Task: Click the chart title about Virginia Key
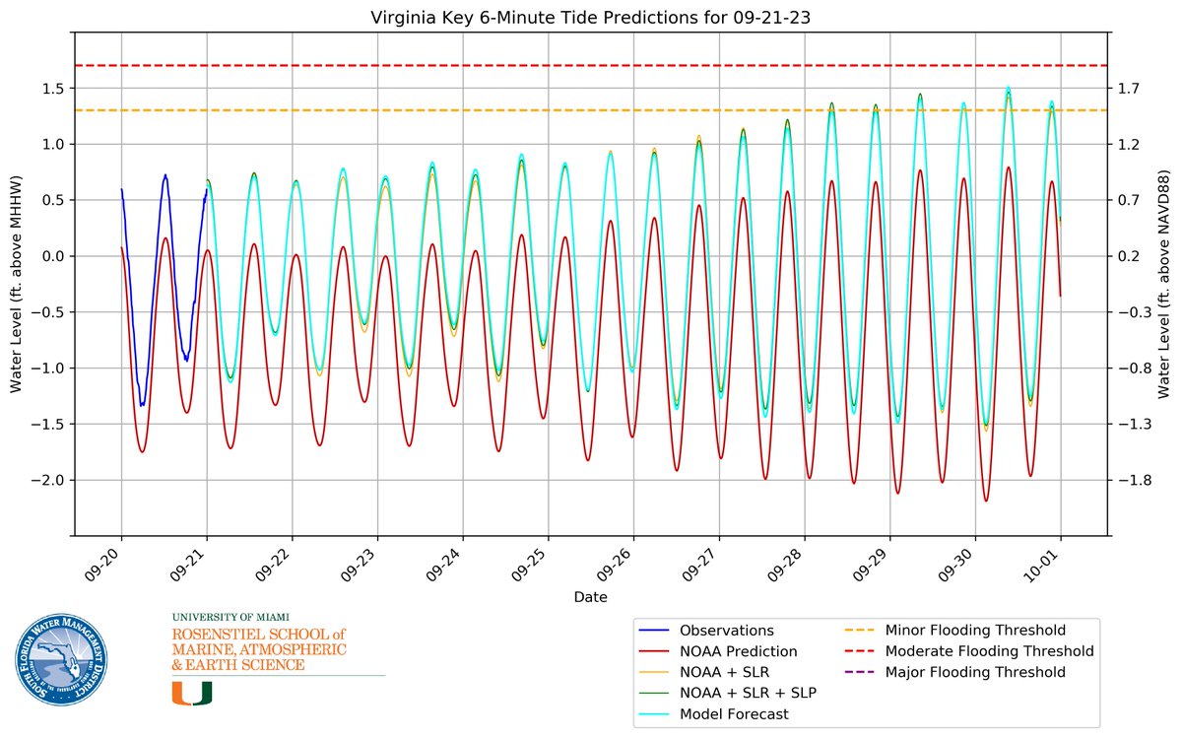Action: pos(591,17)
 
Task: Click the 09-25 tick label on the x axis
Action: pos(531,563)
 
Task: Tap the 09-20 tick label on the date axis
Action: pos(104,563)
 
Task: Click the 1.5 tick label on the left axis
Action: pos(53,88)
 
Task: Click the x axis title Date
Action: pos(591,597)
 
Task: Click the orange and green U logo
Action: pos(192,693)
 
